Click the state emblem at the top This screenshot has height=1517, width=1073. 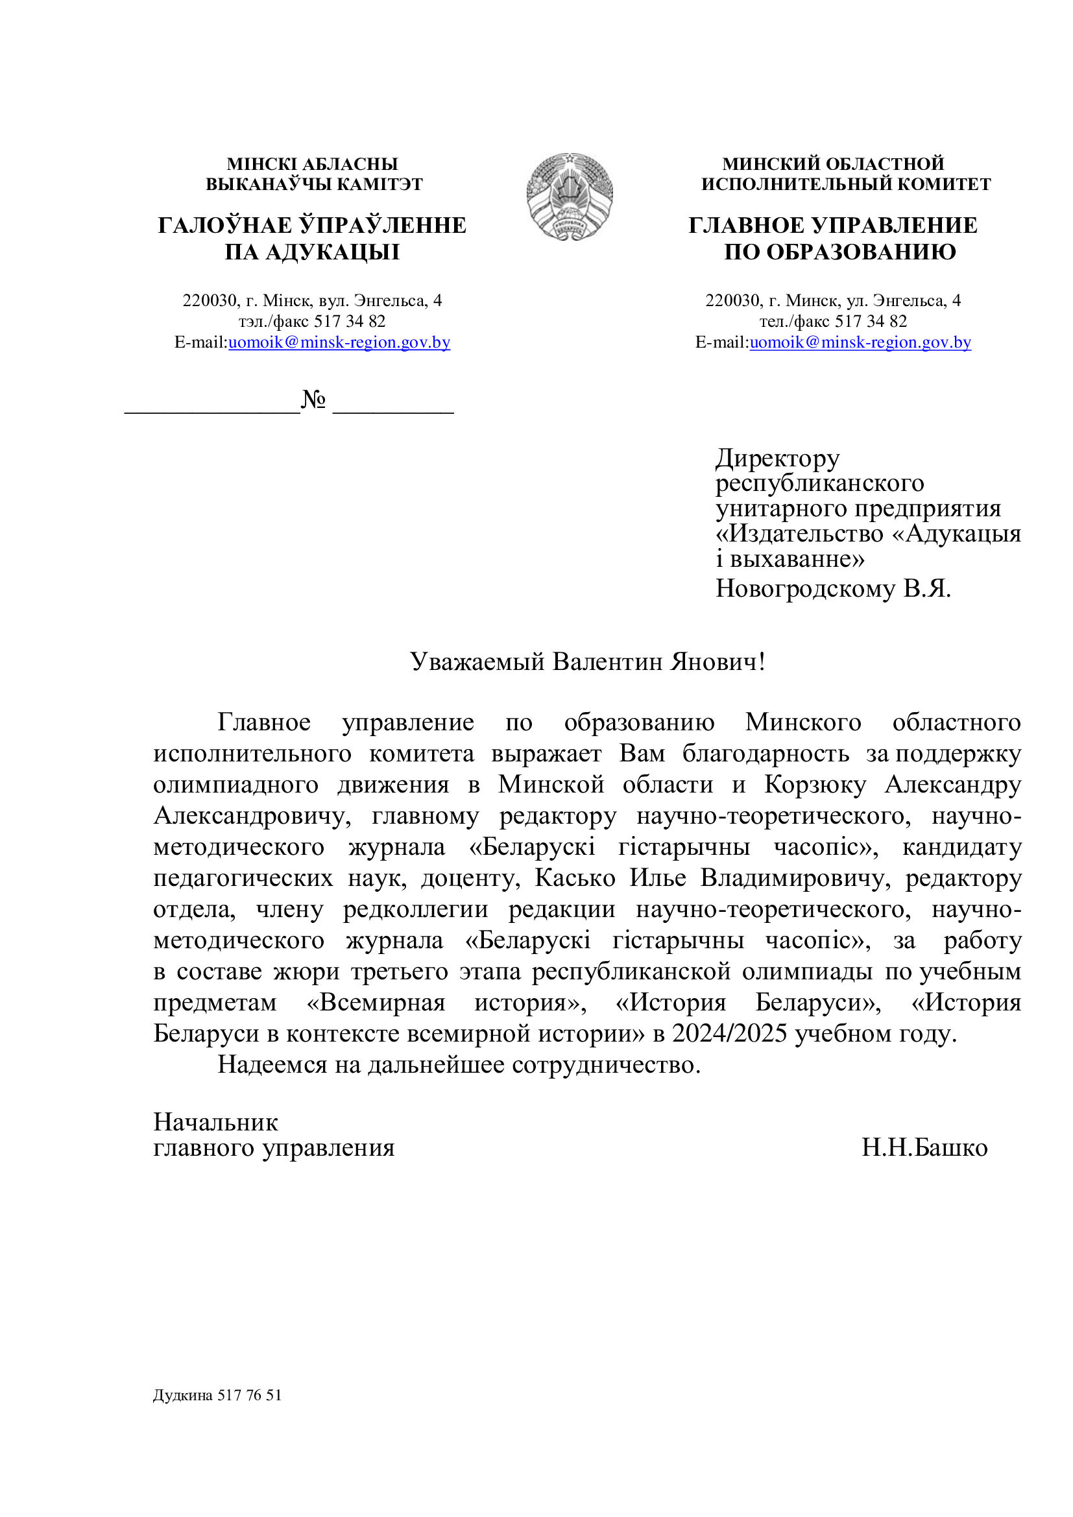click(x=569, y=196)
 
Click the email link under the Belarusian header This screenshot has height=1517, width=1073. click(x=339, y=342)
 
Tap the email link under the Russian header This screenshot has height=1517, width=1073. click(x=860, y=342)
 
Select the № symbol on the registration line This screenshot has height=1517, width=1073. click(x=313, y=399)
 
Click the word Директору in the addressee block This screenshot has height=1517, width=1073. click(x=777, y=458)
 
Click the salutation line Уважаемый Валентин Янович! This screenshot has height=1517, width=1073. click(x=587, y=662)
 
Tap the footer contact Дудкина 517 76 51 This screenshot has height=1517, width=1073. click(x=217, y=1395)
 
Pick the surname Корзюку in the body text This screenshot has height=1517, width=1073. click(x=815, y=784)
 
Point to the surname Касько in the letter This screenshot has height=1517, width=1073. click(x=575, y=878)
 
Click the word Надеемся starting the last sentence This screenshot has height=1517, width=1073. click(x=272, y=1064)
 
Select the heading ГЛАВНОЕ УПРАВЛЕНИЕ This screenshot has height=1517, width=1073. click(x=832, y=225)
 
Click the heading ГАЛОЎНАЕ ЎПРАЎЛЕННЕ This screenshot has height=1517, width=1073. click(x=312, y=225)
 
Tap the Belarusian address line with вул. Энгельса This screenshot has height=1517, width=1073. click(x=312, y=301)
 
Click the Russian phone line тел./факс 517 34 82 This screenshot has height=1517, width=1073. click(x=832, y=321)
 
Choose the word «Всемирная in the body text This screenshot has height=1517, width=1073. click(x=376, y=1002)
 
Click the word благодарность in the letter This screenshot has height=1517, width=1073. click(x=765, y=753)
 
